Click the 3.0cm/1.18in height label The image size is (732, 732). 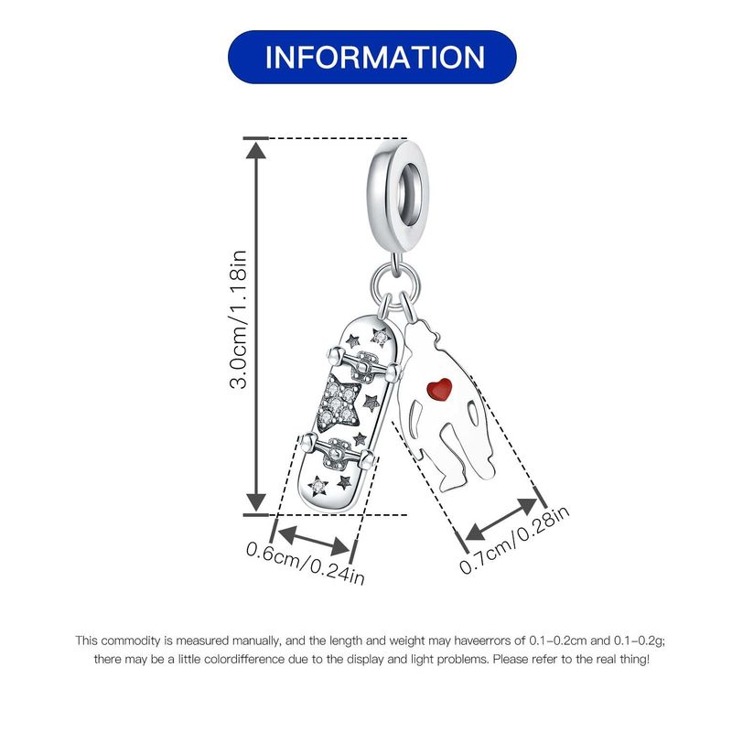point(239,325)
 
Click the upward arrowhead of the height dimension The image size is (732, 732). point(254,151)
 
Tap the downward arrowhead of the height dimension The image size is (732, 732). point(254,502)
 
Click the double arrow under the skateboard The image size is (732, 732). point(313,539)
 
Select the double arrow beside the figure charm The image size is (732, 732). point(501,519)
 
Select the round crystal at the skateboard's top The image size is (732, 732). point(376,339)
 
